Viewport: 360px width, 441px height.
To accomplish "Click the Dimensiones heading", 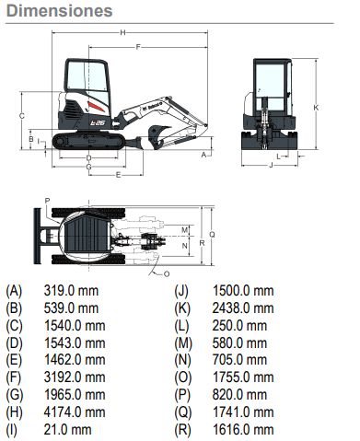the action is click(x=59, y=11).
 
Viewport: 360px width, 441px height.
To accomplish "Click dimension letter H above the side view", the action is click(x=122, y=32).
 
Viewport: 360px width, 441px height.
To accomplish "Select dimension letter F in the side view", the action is click(x=138, y=47).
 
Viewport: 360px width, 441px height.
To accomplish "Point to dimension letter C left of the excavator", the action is click(x=22, y=116).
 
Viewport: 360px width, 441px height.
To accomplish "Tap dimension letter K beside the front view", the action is click(x=316, y=108).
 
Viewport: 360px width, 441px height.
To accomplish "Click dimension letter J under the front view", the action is click(x=271, y=165).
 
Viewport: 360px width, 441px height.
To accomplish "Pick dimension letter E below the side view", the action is click(x=118, y=175).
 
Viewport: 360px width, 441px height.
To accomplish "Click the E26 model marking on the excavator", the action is click(x=98, y=122).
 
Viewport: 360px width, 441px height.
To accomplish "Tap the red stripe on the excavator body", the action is click(x=95, y=107).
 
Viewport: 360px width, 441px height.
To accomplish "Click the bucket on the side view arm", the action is click(x=158, y=135).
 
